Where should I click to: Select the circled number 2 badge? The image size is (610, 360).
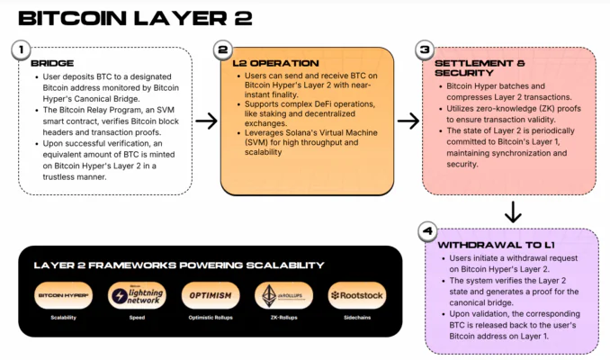pos(224,50)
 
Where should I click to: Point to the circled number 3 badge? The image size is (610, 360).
pos(426,50)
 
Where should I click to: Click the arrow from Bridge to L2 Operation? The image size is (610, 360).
pos(207,120)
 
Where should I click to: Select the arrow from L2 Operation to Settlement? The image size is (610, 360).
pos(408,120)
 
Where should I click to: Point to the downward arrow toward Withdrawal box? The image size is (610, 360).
pos(514,212)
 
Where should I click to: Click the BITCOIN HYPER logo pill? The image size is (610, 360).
pos(63,295)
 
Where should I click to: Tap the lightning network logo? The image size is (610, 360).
pos(136,295)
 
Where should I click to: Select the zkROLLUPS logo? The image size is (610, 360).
pos(283,295)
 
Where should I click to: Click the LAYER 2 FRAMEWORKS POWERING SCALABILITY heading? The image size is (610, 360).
pos(178,265)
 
